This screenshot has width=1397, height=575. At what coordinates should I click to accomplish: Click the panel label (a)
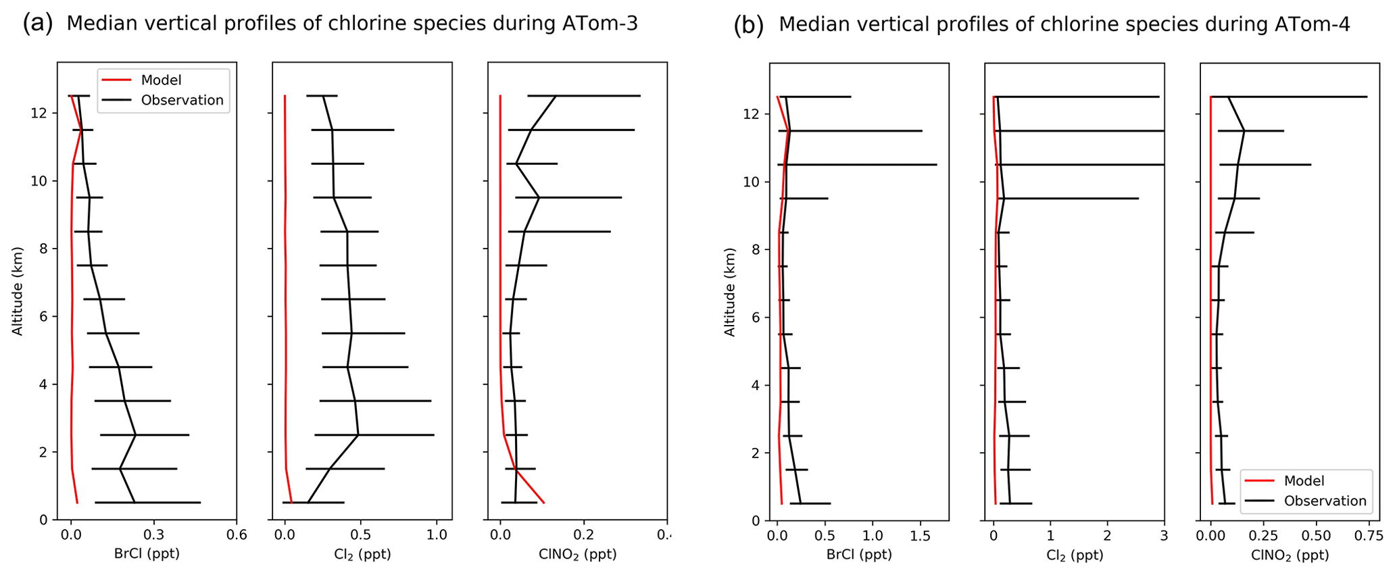point(37,24)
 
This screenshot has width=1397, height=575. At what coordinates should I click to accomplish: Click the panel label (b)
point(749,26)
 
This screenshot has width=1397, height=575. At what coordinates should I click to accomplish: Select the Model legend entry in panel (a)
point(161,80)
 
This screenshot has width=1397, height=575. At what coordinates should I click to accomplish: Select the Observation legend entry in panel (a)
point(182,100)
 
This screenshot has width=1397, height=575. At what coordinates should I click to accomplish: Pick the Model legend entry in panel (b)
point(1304,481)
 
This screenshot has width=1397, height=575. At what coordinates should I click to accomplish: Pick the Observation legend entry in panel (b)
point(1325,501)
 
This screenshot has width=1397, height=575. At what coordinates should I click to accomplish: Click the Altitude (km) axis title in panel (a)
point(18,291)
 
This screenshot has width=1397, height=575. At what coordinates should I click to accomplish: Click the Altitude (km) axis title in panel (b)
point(730,291)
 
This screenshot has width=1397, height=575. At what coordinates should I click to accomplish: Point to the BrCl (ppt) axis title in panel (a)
point(147,554)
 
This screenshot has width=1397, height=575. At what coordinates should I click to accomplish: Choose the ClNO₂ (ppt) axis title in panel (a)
point(577,554)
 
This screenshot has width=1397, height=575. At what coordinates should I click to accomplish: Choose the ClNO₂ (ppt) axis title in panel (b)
point(1290,555)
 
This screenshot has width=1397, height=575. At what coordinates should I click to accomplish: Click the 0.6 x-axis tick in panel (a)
point(236,534)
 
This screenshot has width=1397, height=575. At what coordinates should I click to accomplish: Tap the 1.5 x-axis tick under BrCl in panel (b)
point(921,536)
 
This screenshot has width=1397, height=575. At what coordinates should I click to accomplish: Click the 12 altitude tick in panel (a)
point(43,114)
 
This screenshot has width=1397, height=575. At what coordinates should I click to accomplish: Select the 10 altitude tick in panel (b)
point(755,182)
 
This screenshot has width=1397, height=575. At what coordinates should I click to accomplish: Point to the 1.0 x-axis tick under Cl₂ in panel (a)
point(437,534)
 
